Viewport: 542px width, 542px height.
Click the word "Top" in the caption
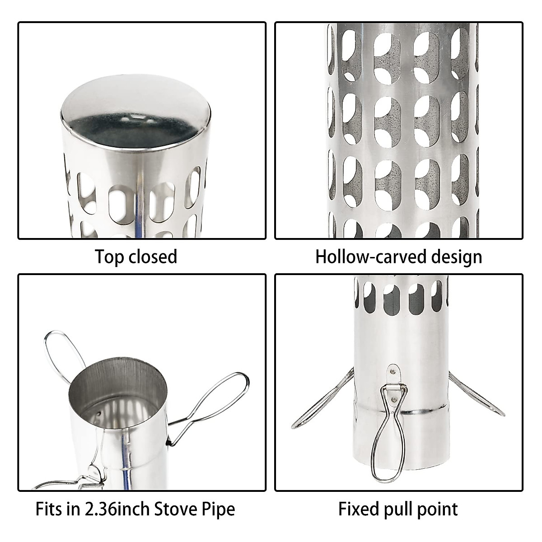coord(110,257)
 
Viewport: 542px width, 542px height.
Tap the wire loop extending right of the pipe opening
coord(217,397)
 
